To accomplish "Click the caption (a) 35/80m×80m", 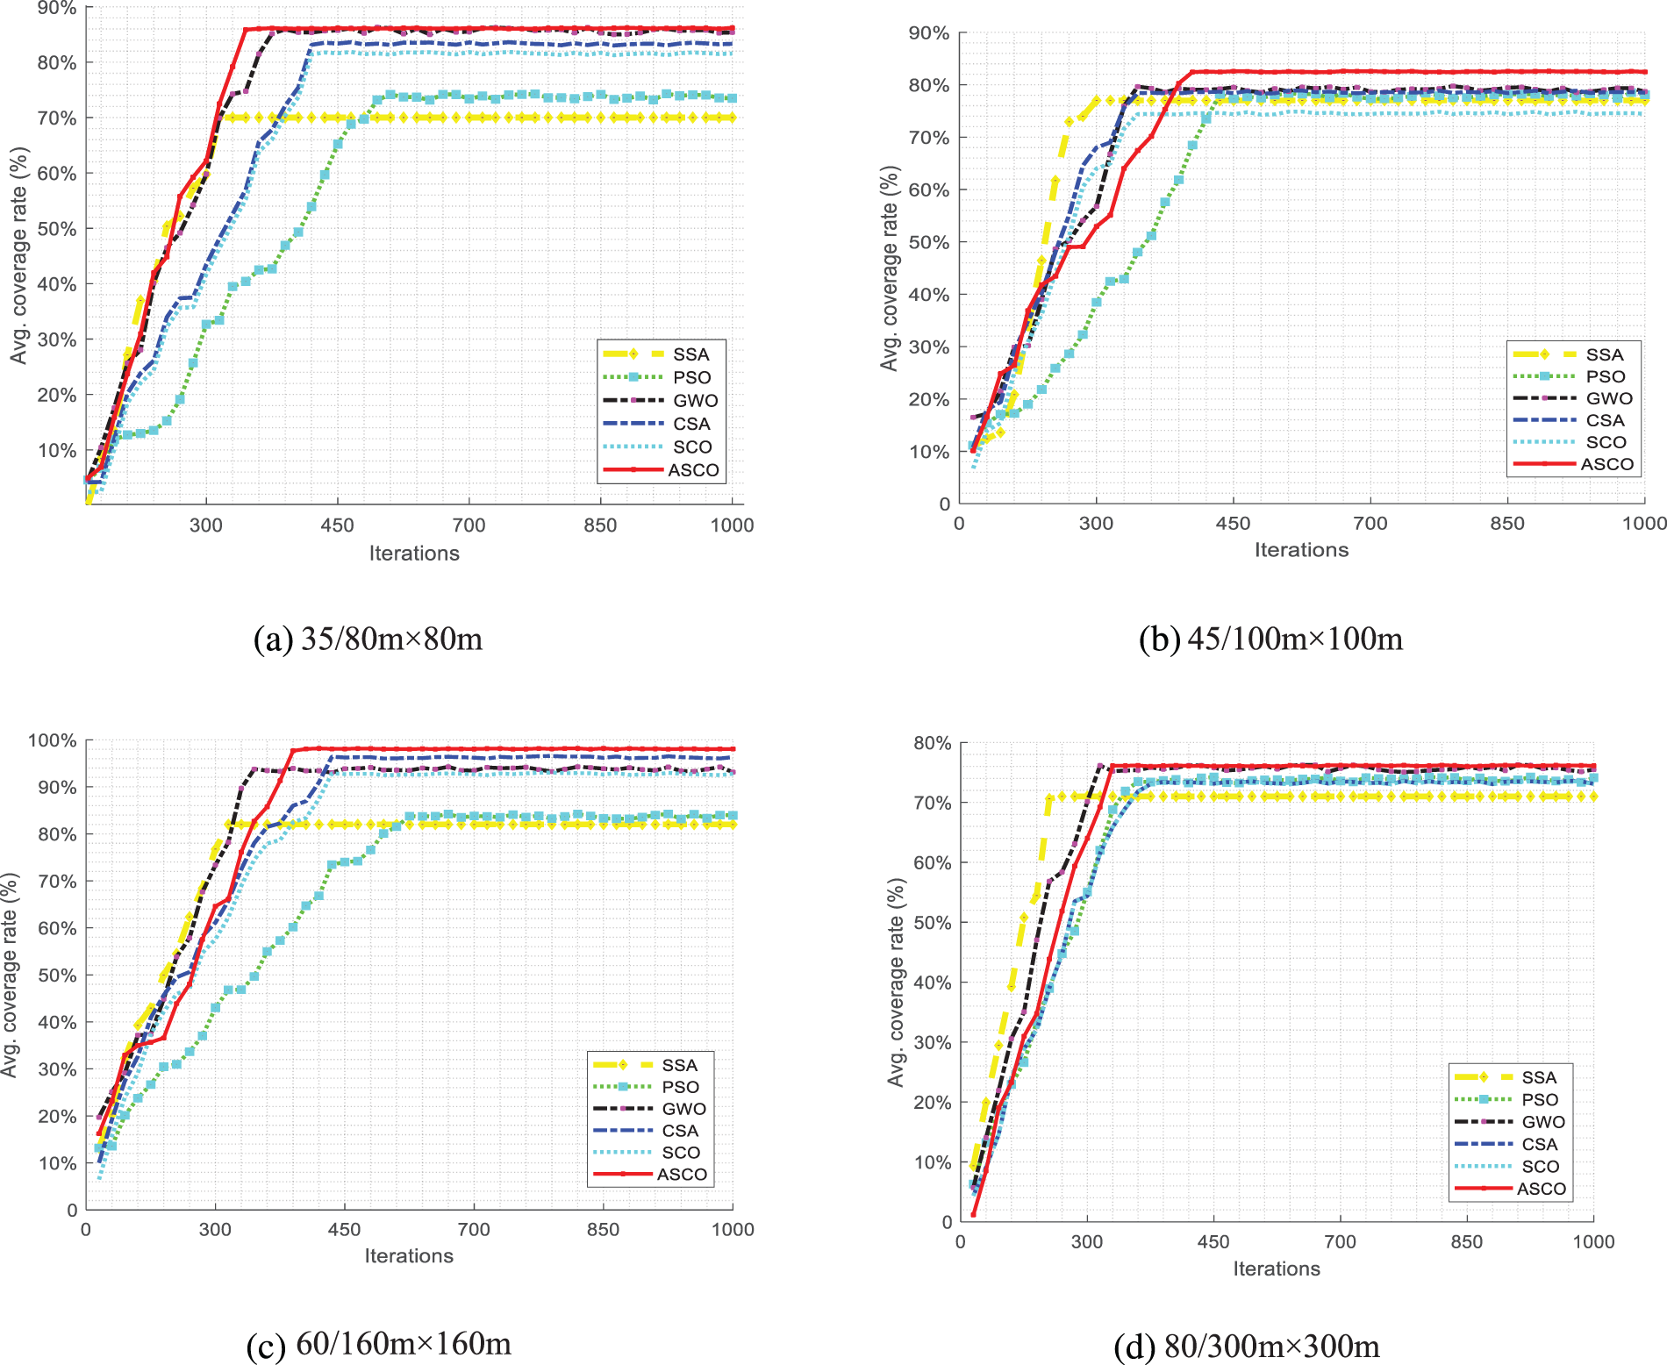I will (x=368, y=639).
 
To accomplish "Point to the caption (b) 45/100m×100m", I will (x=1270, y=639).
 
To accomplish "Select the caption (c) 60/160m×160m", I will (x=379, y=1343).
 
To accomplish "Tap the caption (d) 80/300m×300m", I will (x=1247, y=1346).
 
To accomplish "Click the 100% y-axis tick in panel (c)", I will (x=53, y=740).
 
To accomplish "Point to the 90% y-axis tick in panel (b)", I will (x=929, y=33).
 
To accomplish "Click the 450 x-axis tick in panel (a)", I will (x=337, y=525).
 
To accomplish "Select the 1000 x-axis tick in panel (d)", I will (x=1593, y=1241).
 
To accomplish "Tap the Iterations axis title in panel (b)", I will (x=1301, y=550).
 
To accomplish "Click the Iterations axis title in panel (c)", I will (x=409, y=1256).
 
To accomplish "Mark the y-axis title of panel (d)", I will (x=896, y=983).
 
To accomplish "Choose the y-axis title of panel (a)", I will (x=18, y=255).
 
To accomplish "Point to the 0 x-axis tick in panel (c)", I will (x=85, y=1229).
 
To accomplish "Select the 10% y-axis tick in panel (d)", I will (x=933, y=1162).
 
